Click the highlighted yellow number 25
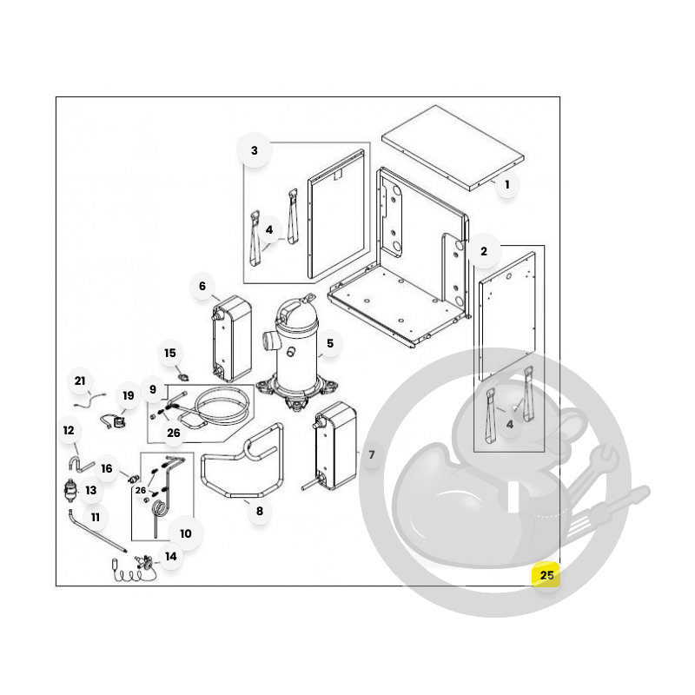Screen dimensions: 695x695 pyautogui.click(x=546, y=575)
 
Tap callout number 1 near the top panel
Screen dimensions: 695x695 pyautogui.click(x=507, y=184)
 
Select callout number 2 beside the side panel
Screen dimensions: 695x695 pyautogui.click(x=484, y=251)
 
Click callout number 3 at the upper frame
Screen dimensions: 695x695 pyautogui.click(x=254, y=150)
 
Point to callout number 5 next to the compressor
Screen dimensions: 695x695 pyautogui.click(x=330, y=343)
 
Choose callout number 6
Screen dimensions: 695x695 pyautogui.click(x=202, y=286)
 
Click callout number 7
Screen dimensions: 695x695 pyautogui.click(x=372, y=454)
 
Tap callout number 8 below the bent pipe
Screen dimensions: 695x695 pyautogui.click(x=260, y=511)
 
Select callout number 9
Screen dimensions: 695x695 pyautogui.click(x=153, y=389)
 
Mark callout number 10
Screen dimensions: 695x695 pyautogui.click(x=186, y=533)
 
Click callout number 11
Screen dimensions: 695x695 pyautogui.click(x=96, y=517)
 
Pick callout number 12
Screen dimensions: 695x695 pyautogui.click(x=69, y=430)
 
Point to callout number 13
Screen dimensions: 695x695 pyautogui.click(x=91, y=490)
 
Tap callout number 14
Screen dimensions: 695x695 pyautogui.click(x=170, y=556)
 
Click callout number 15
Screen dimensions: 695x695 pyautogui.click(x=170, y=353)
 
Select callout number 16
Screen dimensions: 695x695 pyautogui.click(x=107, y=468)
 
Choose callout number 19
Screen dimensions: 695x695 pyautogui.click(x=128, y=395)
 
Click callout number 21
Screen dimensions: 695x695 pyautogui.click(x=80, y=381)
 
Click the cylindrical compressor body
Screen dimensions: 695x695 pyautogui.click(x=296, y=350)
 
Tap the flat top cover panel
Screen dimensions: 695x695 pyautogui.click(x=453, y=148)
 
